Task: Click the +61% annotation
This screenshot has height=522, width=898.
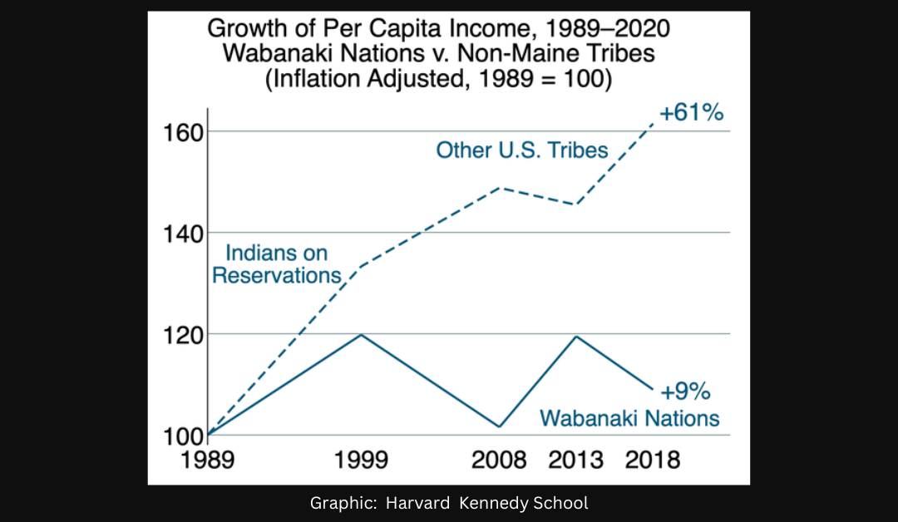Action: (691, 112)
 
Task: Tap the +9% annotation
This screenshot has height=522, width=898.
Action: (685, 391)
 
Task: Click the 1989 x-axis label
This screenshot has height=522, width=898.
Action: (207, 459)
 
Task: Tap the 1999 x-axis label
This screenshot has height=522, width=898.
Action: (361, 459)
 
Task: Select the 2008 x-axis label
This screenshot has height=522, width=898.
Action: (499, 459)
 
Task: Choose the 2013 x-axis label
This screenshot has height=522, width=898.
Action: (575, 459)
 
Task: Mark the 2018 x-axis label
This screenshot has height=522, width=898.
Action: (653, 459)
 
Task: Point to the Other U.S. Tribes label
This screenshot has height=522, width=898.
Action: (522, 150)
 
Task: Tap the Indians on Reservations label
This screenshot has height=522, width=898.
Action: (277, 264)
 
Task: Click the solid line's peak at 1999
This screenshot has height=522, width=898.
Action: (361, 334)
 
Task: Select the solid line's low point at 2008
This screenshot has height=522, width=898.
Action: (500, 426)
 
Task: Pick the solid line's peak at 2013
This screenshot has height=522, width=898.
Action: (575, 336)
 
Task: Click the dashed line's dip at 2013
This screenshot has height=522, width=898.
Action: (575, 204)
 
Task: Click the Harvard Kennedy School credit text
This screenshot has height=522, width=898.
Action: (449, 503)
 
